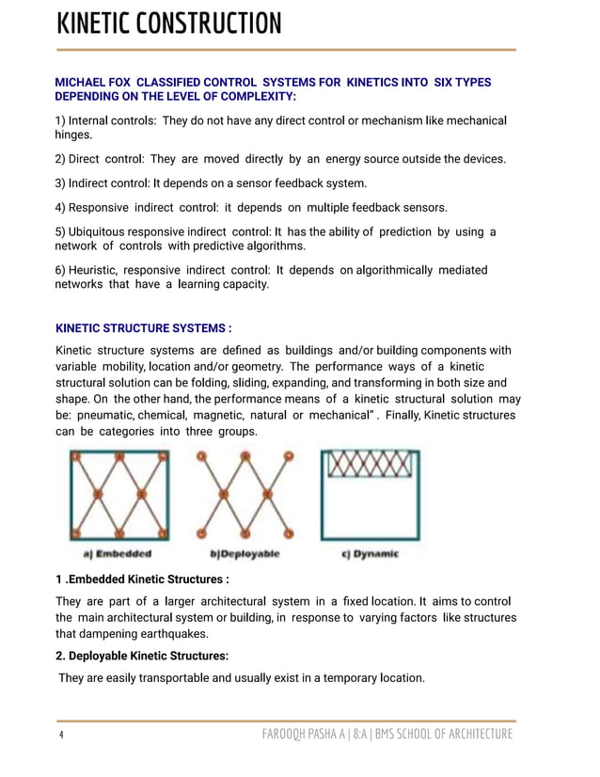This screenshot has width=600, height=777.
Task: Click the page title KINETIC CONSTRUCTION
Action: point(168,24)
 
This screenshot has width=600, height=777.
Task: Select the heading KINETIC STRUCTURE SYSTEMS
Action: point(143,328)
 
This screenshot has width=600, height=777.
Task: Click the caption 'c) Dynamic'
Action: point(371,554)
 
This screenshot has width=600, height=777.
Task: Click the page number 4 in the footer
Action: point(60,735)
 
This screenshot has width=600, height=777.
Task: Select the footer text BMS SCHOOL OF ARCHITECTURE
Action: point(444,735)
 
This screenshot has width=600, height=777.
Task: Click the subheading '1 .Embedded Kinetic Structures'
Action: point(143,579)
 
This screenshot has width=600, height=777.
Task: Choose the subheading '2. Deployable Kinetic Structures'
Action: point(142,656)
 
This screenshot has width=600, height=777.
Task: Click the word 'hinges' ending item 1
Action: point(77,135)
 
